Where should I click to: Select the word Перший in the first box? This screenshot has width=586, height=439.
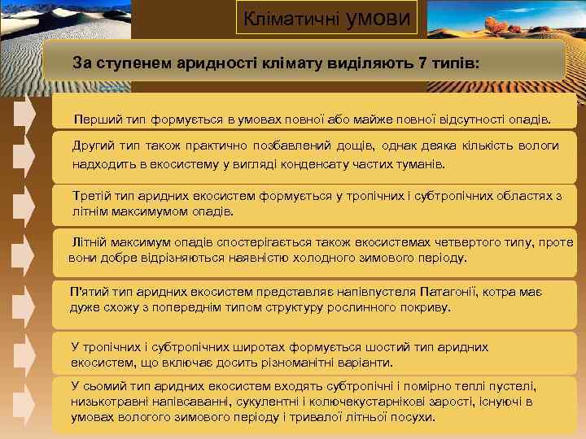pos(94,120)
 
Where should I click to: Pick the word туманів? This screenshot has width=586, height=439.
pos(422,163)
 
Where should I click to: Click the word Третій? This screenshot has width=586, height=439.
pos(92,197)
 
